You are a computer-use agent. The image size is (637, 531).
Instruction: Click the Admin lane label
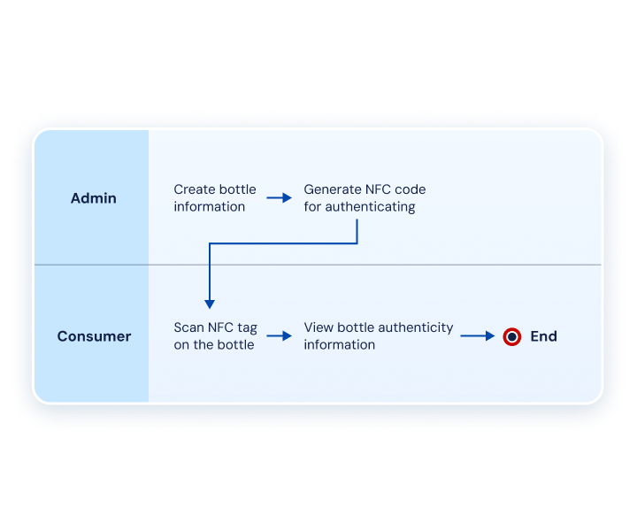pyautogui.click(x=93, y=198)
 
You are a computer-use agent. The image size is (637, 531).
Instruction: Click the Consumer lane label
pyautogui.click(x=94, y=336)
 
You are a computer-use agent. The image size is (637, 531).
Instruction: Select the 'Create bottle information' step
pyautogui.click(x=215, y=198)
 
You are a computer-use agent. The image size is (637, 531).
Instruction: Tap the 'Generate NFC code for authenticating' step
pyautogui.click(x=365, y=198)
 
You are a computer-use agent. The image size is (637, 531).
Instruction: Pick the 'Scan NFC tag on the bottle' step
pyautogui.click(x=215, y=336)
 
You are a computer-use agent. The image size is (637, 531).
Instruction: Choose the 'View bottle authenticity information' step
pyautogui.click(x=379, y=336)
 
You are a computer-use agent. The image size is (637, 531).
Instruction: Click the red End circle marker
pyautogui.click(x=511, y=336)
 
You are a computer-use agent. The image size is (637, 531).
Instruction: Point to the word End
pyautogui.click(x=543, y=336)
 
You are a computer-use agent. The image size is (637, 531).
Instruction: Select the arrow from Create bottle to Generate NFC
pyautogui.click(x=280, y=198)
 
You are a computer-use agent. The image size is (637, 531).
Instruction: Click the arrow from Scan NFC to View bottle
pyautogui.click(x=280, y=336)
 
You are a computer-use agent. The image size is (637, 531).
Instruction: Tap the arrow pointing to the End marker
pyautogui.click(x=477, y=336)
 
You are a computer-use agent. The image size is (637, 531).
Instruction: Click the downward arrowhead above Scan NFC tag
pyautogui.click(x=210, y=303)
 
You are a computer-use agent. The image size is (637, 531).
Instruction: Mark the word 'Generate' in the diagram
pyautogui.click(x=333, y=189)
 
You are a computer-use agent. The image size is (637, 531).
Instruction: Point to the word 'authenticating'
pyautogui.click(x=371, y=207)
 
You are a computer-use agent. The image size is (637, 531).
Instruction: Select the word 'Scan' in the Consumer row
pyautogui.click(x=188, y=327)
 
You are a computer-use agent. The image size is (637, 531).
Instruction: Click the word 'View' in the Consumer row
pyautogui.click(x=318, y=327)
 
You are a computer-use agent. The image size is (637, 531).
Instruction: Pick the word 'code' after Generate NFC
pyautogui.click(x=410, y=189)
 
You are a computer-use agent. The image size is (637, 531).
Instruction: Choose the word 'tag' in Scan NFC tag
pyautogui.click(x=246, y=327)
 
